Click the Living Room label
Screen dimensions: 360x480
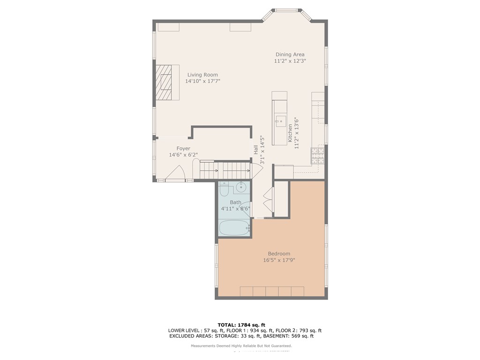tap(202, 75)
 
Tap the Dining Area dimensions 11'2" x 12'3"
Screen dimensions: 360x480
tap(290, 61)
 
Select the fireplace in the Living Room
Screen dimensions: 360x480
tap(167, 82)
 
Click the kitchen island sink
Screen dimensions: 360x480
tap(280, 121)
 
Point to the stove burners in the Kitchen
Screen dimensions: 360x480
tap(317, 155)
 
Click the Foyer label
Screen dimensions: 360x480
tap(183, 148)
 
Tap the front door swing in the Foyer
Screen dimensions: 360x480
tap(176, 174)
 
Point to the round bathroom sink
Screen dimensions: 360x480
tap(241, 187)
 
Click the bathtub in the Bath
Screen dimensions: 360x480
tap(234, 228)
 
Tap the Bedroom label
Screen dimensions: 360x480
tap(279, 254)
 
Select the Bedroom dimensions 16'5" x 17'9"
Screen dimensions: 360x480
tap(279, 260)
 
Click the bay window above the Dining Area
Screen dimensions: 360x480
tap(287, 11)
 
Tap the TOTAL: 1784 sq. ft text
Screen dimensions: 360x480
tap(241, 324)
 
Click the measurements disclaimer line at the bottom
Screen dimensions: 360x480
tap(241, 346)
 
